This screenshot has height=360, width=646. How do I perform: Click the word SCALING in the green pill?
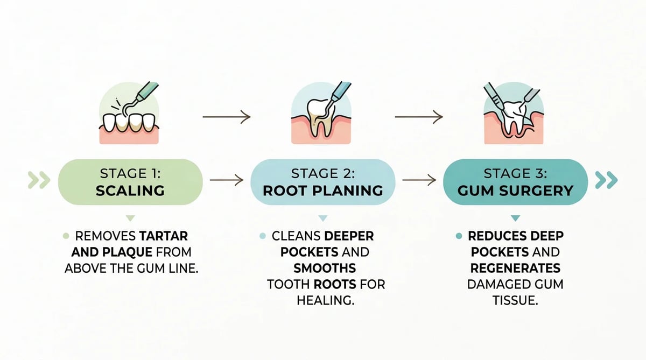pos(130,191)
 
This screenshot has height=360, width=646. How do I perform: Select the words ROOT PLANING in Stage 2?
pos(323,191)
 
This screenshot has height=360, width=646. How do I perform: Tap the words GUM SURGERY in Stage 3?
pos(515,191)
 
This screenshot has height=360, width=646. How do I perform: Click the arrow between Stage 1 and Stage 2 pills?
pos(227,180)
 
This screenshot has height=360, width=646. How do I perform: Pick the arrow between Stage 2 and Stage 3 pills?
pos(419,180)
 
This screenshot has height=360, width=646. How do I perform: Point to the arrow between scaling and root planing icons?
pos(227,117)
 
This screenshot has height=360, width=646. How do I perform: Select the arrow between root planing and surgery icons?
pos(419,117)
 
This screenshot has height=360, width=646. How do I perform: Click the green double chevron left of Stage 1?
pos(39,180)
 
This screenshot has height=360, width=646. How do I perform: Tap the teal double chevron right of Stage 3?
pos(607,180)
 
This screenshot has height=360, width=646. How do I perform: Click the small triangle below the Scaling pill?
pos(130,218)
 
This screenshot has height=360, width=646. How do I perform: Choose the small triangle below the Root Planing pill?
pos(323,218)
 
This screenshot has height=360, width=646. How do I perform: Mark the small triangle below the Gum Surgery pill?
pos(515,218)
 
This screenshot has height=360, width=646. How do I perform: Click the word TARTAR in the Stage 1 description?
pos(164,236)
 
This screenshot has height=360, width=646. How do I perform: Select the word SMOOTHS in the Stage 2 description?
pos(325,269)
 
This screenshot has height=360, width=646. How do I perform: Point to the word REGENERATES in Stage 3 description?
pos(515,269)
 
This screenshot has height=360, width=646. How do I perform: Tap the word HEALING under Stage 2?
pos(325,301)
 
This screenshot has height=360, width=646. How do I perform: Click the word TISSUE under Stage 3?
pos(515,301)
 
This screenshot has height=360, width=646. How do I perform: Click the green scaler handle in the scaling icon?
pos(147,91)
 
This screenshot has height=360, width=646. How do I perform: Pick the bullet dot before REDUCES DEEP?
pos(459,236)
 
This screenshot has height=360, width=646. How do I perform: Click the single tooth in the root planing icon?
pos(319,117)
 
